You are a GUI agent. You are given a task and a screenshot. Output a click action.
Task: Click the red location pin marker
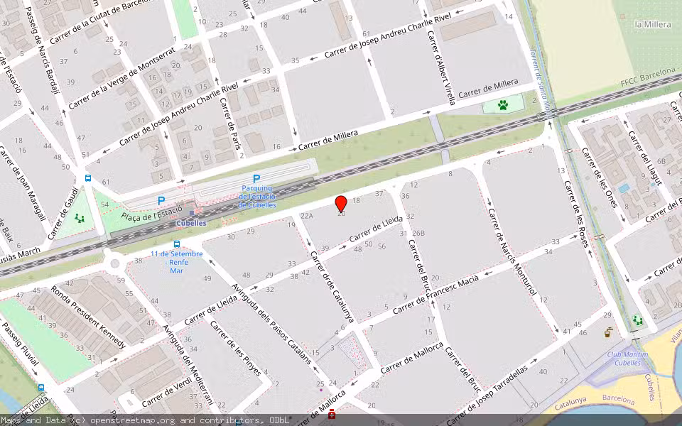click(x=341, y=204)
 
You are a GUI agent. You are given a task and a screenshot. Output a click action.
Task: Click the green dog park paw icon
click(x=503, y=106)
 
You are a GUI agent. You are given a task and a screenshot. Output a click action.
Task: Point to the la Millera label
click(x=652, y=24)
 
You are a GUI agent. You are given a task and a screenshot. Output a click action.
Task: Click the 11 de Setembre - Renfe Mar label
click(x=176, y=262)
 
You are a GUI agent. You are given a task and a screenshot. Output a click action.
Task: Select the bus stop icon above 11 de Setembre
click(x=176, y=244)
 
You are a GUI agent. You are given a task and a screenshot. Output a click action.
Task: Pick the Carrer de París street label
click(x=227, y=117)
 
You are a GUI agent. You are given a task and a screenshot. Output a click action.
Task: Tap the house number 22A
click(x=306, y=215)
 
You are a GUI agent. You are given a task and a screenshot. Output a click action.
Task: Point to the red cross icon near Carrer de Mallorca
click(x=331, y=413)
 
